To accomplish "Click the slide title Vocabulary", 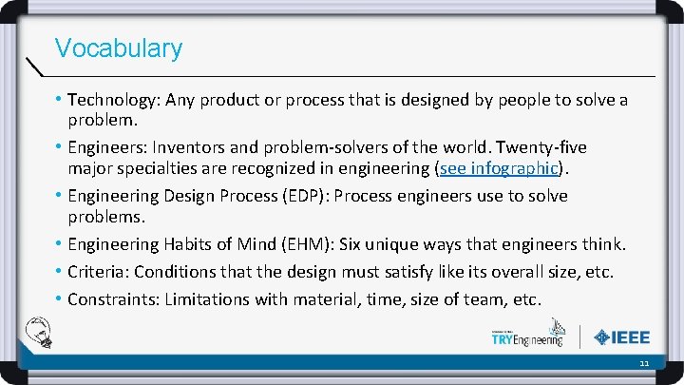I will point(119,48).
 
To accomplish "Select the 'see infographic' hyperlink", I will point(500,169).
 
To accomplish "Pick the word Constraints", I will point(111,299).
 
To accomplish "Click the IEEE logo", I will point(622,337).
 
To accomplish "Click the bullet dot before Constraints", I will point(60,299).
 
